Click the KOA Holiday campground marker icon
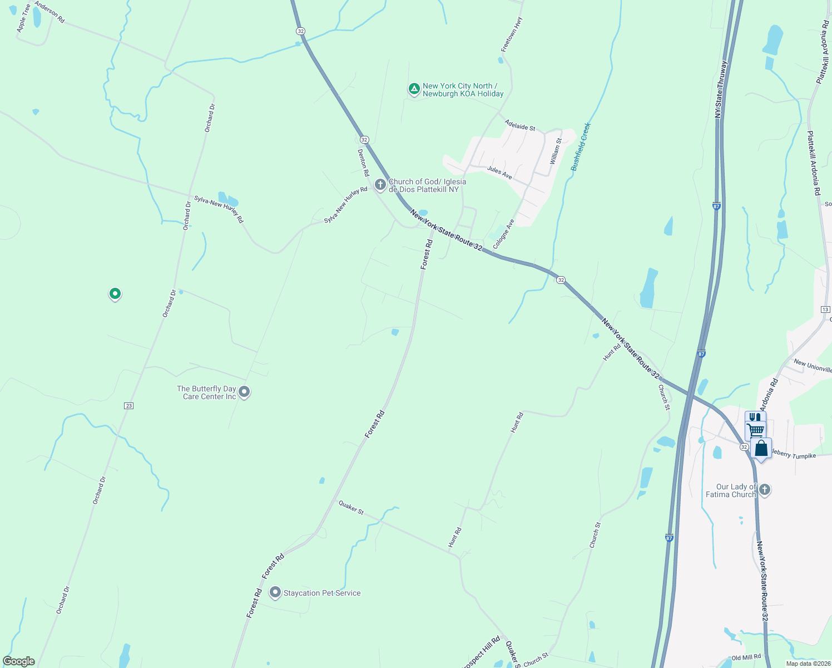click(414, 89)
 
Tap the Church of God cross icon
click(380, 184)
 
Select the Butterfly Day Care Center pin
click(245, 392)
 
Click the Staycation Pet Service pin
click(275, 592)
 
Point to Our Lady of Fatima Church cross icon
click(765, 489)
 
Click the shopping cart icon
click(755, 430)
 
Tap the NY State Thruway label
click(720, 89)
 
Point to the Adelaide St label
click(519, 126)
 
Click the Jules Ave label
click(499, 173)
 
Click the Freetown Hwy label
click(512, 35)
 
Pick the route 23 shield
click(129, 406)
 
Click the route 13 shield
click(825, 310)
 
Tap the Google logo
click(19, 661)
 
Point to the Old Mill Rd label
click(746, 657)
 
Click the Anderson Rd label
click(49, 12)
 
